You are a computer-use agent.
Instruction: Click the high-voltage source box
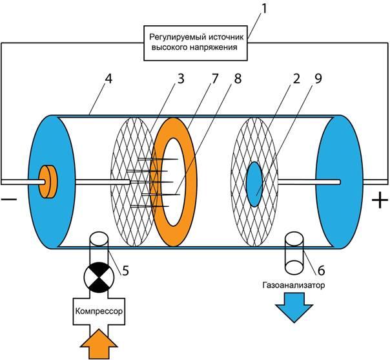pyautogui.click(x=196, y=43)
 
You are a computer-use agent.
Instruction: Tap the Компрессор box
pyautogui.click(x=99, y=312)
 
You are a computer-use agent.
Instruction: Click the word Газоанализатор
pyautogui.click(x=294, y=285)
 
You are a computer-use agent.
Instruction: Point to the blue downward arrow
pyautogui.click(x=294, y=308)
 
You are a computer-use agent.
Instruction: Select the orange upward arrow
pyautogui.click(x=99, y=344)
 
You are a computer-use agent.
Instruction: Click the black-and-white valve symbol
pyautogui.click(x=99, y=277)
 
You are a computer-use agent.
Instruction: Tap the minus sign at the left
pyautogui.click(x=9, y=199)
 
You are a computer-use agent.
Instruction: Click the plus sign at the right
pyautogui.click(x=380, y=200)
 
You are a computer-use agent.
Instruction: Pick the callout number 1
pyautogui.click(x=264, y=9)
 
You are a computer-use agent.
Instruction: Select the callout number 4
pyautogui.click(x=108, y=79)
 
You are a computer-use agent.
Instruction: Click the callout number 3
pyautogui.click(x=180, y=79)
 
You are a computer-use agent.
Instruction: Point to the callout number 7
pyautogui.click(x=214, y=79)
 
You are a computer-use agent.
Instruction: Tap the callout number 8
pyautogui.click(x=238, y=79)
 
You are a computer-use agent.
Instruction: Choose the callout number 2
pyautogui.click(x=296, y=79)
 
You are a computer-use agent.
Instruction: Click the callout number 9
pyautogui.click(x=318, y=79)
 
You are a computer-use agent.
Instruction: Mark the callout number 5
pyautogui.click(x=125, y=271)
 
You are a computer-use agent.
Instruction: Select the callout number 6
pyautogui.click(x=321, y=271)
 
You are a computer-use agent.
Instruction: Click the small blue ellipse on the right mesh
pyautogui.click(x=254, y=184)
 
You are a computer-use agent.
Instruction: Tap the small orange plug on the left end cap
pyautogui.click(x=48, y=182)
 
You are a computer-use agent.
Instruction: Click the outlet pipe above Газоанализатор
pyautogui.click(x=294, y=253)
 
